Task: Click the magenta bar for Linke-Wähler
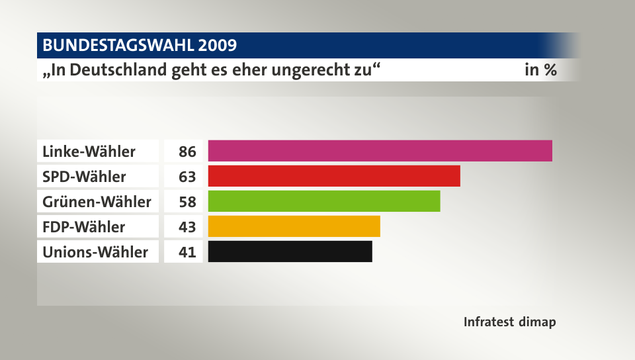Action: coord(380,151)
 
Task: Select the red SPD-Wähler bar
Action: coord(334,176)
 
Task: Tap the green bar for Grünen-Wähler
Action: coord(324,201)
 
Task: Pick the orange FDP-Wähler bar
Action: coord(294,226)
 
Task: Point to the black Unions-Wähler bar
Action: coord(290,251)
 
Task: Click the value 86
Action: coord(187,152)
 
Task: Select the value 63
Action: coord(187,177)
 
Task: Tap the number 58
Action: coord(187,202)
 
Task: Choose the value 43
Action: coord(187,227)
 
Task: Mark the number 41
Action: coord(187,252)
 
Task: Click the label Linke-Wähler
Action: coord(89,152)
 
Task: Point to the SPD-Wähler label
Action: coord(84,177)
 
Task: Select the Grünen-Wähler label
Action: coord(97,202)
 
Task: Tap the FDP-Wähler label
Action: coord(83,227)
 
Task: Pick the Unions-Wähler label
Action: coord(95,252)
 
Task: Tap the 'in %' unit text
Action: coord(540,69)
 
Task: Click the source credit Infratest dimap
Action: coord(509,322)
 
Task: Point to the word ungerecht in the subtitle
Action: coord(308,70)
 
